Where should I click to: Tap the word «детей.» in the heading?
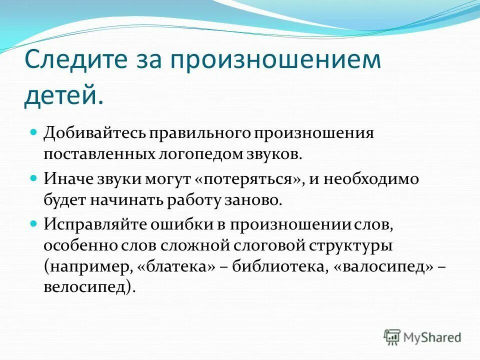(63, 94)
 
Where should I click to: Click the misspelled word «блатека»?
(179, 267)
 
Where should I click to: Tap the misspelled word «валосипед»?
(382, 267)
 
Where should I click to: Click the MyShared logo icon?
(391, 336)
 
